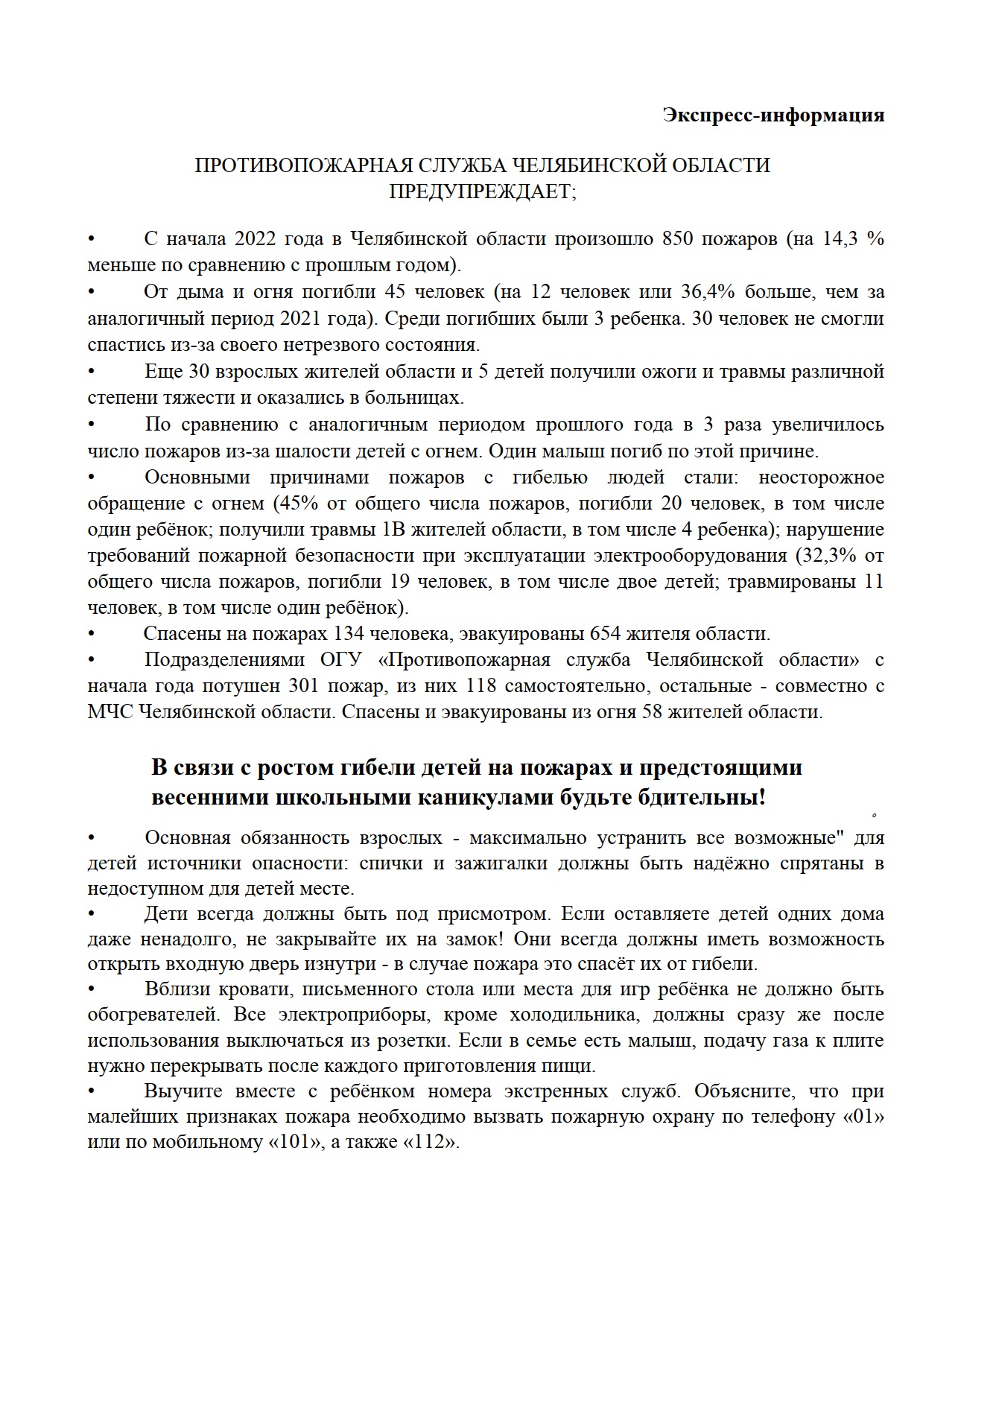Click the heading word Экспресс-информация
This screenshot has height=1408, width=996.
click(x=773, y=115)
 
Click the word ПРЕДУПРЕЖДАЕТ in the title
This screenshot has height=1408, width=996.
click(x=481, y=191)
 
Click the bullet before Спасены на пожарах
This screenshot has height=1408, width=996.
click(x=92, y=635)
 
